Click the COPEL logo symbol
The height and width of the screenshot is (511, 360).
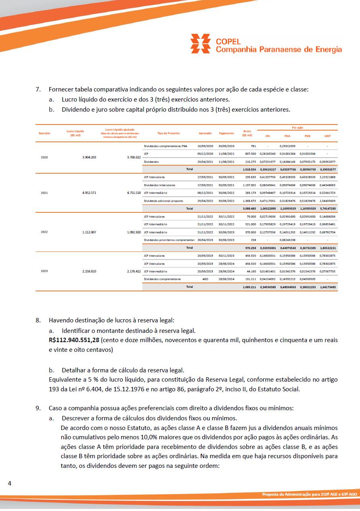201,44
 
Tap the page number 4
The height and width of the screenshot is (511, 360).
9,483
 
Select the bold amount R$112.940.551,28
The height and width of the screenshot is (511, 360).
74,340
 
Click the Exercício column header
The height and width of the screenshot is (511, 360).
44,133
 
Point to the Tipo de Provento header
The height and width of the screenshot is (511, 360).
169,133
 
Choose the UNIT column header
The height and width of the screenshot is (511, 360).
327,136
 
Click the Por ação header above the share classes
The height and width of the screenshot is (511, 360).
298,127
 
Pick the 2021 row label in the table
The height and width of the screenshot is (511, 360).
44,193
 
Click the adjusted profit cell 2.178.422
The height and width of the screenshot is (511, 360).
133,271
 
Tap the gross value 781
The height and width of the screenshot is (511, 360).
253,146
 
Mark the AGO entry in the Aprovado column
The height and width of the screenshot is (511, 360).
205,279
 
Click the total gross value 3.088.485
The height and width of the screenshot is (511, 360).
250,208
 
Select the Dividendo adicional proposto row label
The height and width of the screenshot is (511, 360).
163,200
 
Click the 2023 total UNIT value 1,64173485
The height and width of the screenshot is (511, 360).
327,287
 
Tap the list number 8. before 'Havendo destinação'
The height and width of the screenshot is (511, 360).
38,320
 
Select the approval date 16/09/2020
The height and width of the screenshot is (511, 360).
205,146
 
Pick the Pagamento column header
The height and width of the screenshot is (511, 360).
226,133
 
